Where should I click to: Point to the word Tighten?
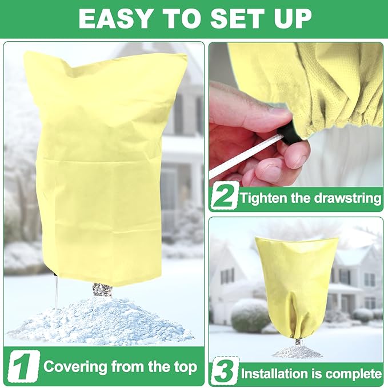pyautogui.click(x=263, y=198)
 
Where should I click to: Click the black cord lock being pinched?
pyautogui.click(x=290, y=132)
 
